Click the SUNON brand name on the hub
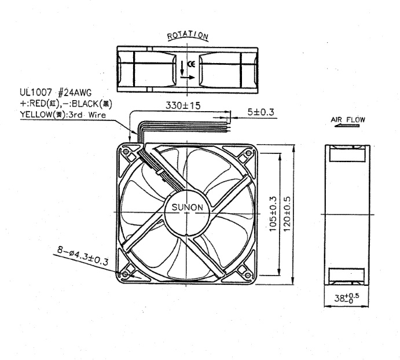[x=187, y=207]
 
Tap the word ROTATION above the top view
[x=188, y=35]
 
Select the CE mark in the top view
[x=191, y=64]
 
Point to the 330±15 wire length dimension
[x=183, y=105]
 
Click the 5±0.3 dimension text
[x=260, y=112]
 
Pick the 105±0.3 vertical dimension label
[x=273, y=214]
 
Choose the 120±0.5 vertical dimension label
[x=287, y=214]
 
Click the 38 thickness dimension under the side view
[x=346, y=297]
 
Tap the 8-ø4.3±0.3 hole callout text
[x=82, y=256]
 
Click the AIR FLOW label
[x=348, y=119]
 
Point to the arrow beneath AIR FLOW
[x=347, y=126]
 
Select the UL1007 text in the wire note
[x=36, y=93]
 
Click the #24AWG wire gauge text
[x=75, y=93]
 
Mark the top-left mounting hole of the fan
[x=126, y=152]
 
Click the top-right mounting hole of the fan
[x=249, y=153]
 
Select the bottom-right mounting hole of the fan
[x=248, y=275]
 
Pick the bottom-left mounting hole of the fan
[x=125, y=274]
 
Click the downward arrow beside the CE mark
[x=182, y=68]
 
